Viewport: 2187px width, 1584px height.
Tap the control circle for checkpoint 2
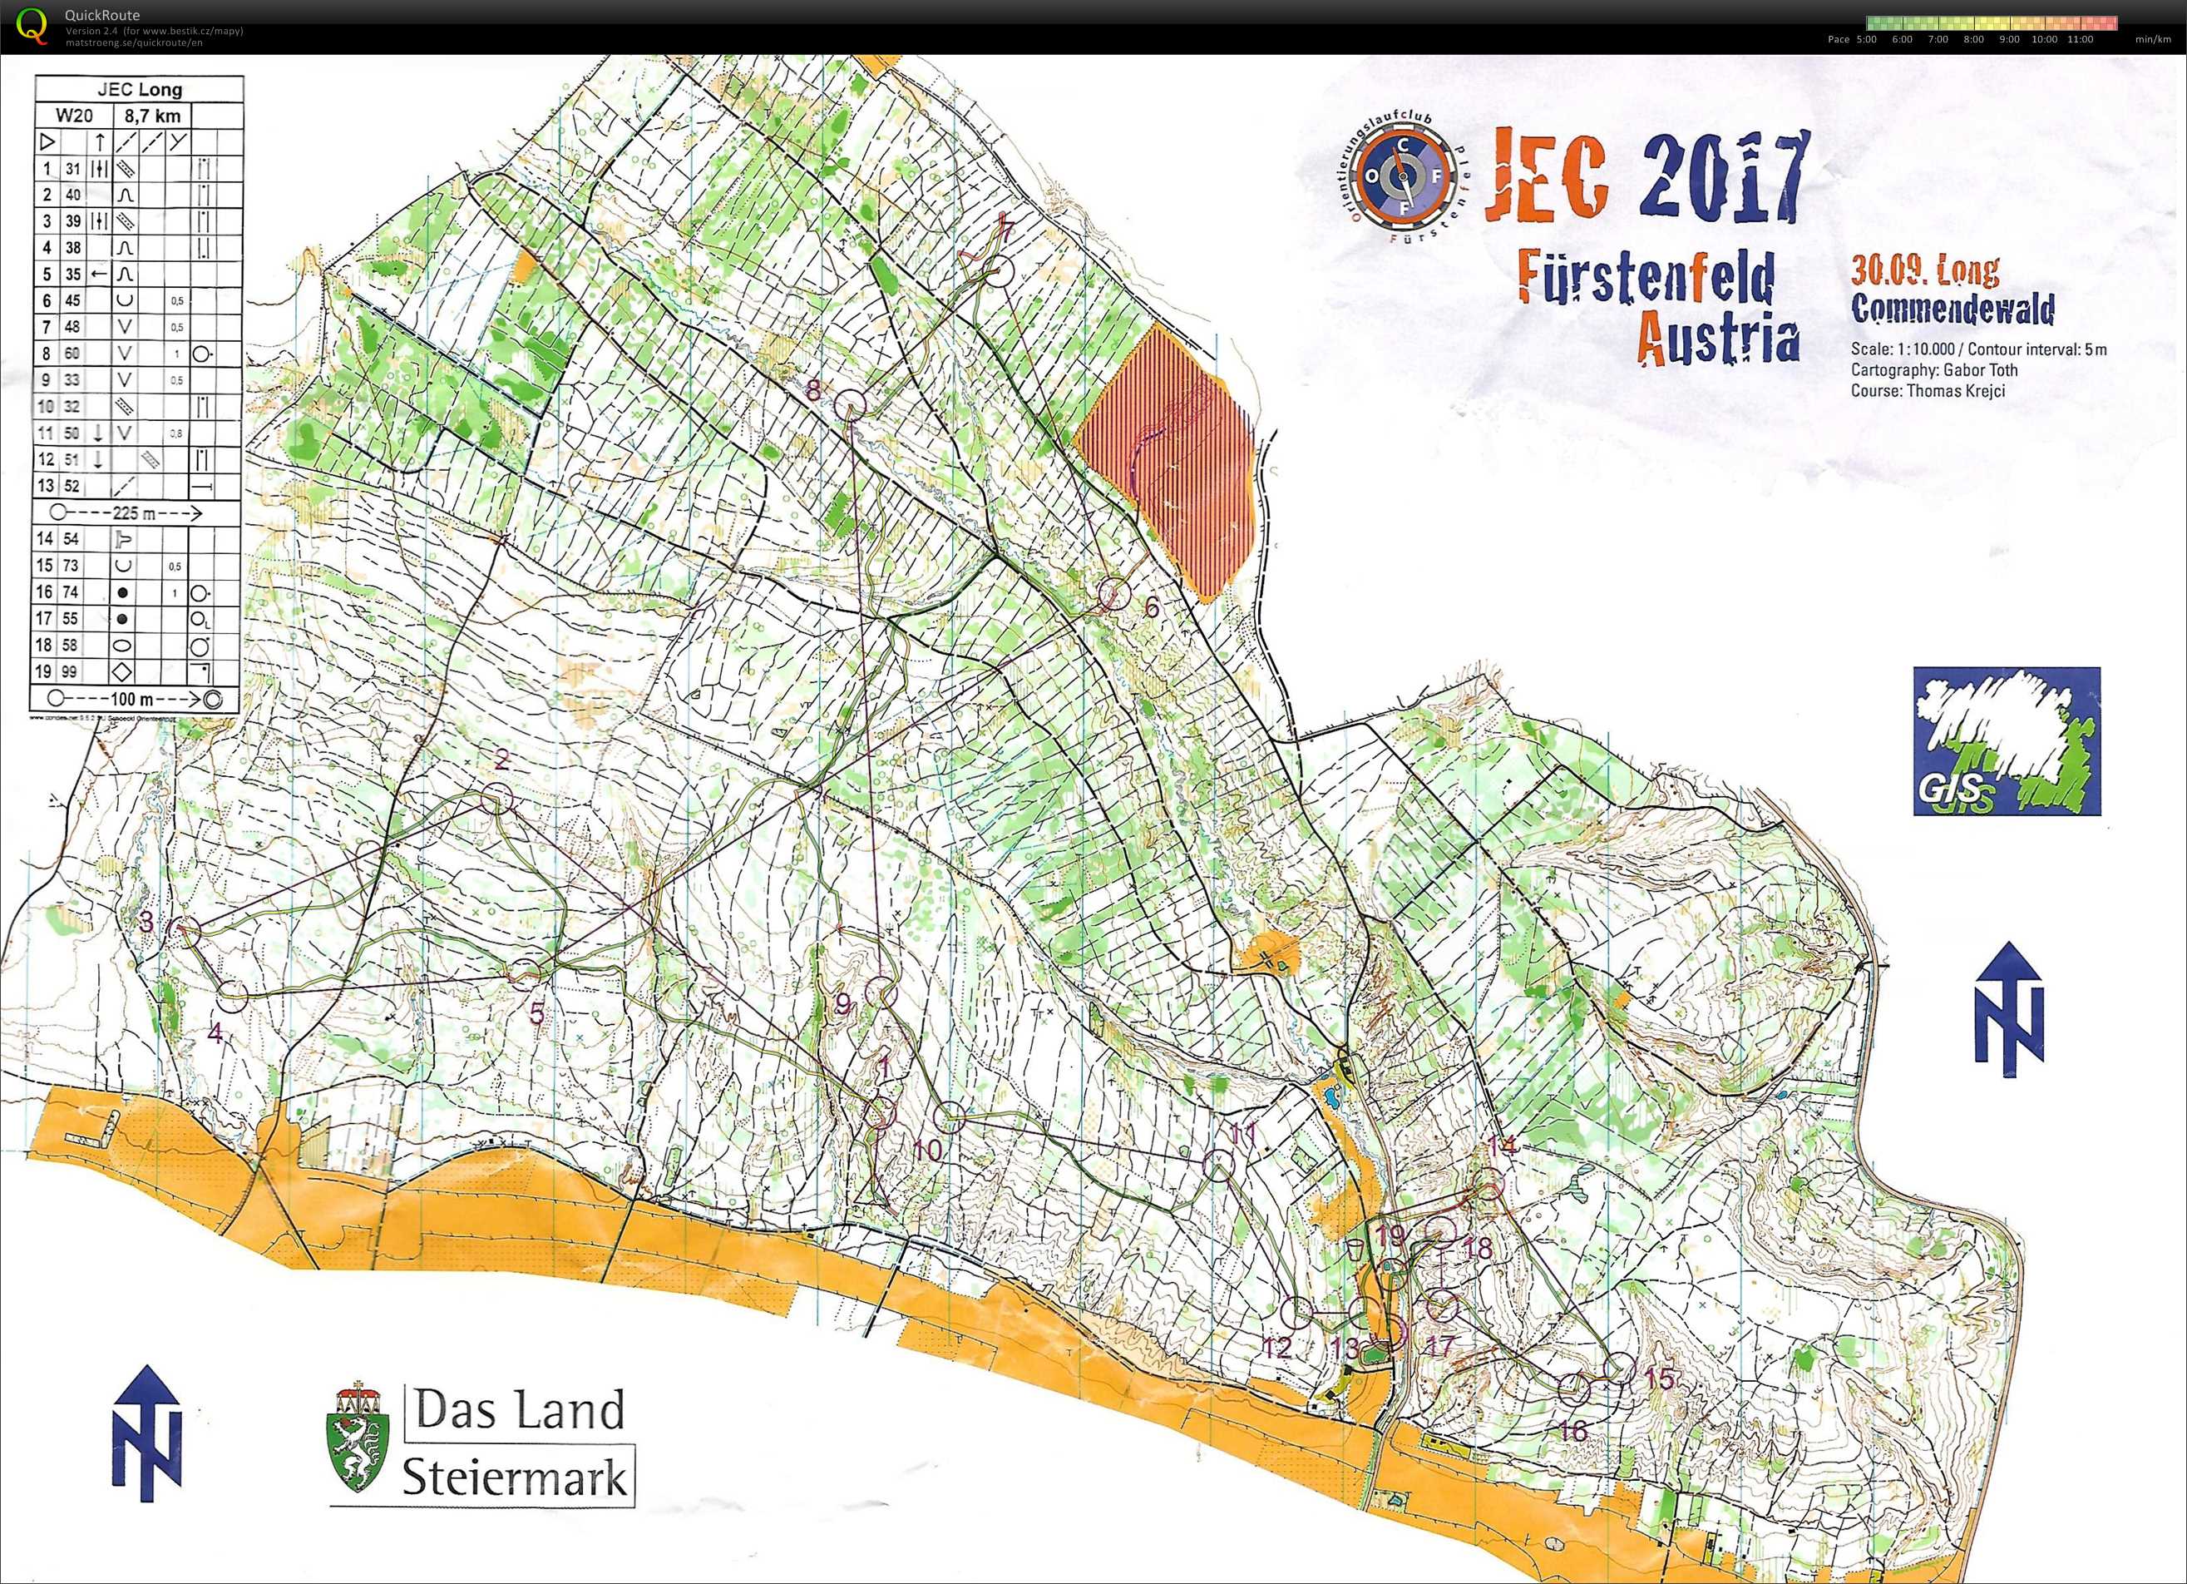pos(496,798)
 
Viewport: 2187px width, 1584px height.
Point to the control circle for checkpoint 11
pos(1219,1166)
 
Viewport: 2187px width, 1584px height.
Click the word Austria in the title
pos(1717,339)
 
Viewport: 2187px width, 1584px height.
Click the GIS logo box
pos(2006,741)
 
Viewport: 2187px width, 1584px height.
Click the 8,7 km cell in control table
pos(152,116)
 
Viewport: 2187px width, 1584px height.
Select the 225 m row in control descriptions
pos(135,513)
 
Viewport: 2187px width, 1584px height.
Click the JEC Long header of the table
pos(139,90)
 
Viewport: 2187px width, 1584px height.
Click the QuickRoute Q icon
pos(32,25)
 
